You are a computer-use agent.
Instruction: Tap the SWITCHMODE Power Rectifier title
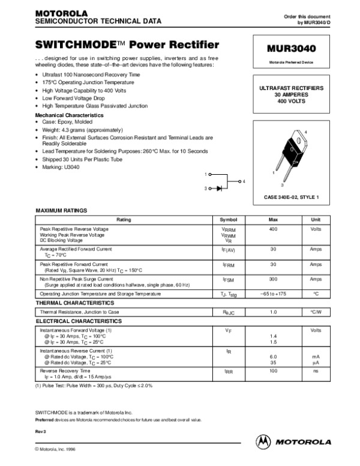(127, 44)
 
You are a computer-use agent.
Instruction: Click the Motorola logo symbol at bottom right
(263, 441)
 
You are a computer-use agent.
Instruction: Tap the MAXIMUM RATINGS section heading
(62, 211)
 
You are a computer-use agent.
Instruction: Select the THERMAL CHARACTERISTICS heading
(75, 304)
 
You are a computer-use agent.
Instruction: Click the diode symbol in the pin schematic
(219, 189)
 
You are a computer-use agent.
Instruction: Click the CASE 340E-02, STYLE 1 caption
(292, 197)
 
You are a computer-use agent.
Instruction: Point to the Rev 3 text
(41, 432)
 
